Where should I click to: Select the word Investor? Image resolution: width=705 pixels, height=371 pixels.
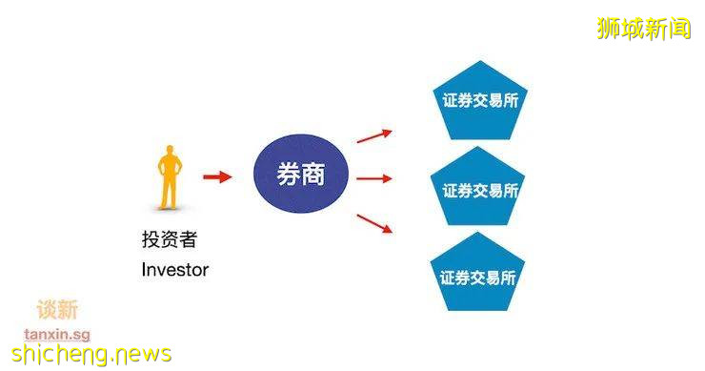174,269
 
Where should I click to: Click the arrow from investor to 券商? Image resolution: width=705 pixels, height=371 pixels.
218,177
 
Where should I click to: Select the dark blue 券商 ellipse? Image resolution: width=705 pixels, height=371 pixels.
300,177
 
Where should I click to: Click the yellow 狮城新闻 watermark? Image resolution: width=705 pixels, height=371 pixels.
643,28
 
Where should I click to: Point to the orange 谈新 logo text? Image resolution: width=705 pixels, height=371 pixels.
57,310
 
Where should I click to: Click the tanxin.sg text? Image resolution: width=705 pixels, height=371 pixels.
57,333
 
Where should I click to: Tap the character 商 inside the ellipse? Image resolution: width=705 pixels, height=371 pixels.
315,177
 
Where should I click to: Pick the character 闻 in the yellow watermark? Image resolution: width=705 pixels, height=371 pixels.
678,28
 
